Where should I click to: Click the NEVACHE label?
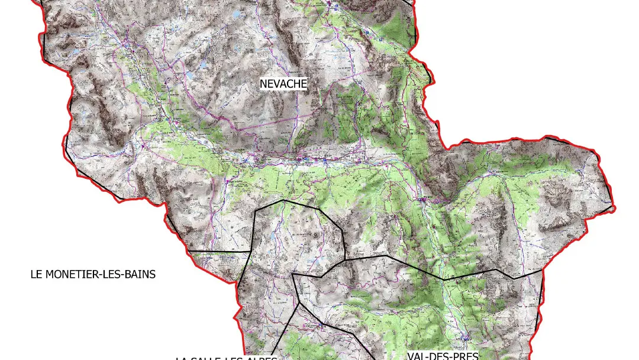283,84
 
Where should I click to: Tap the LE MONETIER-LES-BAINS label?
93,274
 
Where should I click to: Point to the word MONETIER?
74,274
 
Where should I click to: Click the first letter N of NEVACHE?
263,84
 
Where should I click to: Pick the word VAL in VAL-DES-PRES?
417,356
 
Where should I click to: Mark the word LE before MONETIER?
37,274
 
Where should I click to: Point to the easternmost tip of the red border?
614,208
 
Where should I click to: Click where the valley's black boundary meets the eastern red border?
542,271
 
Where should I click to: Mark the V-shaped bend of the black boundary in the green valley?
444,279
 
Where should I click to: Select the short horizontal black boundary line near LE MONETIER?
219,252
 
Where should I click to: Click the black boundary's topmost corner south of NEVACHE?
285,201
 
